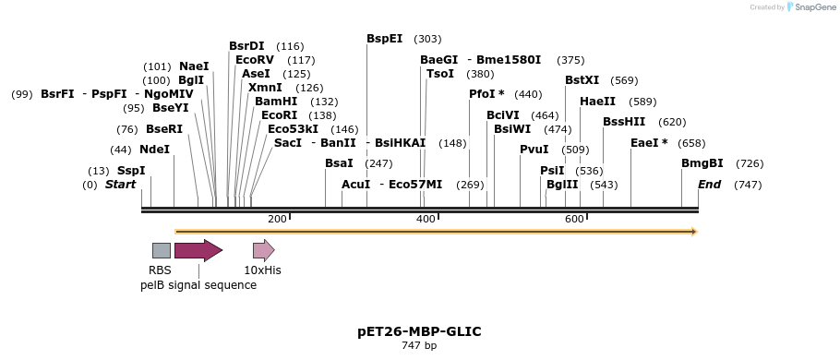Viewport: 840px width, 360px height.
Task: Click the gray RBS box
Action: point(161,250)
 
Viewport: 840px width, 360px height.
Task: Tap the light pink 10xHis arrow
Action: point(263,250)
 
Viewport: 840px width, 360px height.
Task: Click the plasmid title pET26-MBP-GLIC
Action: point(419,331)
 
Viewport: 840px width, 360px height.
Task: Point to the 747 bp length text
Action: point(419,346)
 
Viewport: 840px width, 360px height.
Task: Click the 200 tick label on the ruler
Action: point(277,219)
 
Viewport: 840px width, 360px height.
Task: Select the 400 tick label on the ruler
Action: point(426,219)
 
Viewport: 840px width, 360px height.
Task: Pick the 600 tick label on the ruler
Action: point(574,219)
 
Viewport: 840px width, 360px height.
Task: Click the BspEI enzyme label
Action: point(384,39)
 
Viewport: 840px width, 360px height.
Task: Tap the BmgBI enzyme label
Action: point(702,163)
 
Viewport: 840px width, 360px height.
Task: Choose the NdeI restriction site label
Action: point(154,150)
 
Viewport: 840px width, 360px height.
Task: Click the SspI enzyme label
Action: point(130,171)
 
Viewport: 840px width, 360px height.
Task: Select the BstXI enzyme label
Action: point(582,80)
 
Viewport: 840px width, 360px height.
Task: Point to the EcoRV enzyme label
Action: point(254,60)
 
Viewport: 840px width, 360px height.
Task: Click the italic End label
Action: point(709,185)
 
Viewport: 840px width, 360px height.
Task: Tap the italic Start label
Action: point(120,185)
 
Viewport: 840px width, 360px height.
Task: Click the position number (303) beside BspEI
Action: point(427,39)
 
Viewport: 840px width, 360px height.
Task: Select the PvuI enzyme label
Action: point(534,150)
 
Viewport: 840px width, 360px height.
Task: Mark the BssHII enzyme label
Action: point(624,122)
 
